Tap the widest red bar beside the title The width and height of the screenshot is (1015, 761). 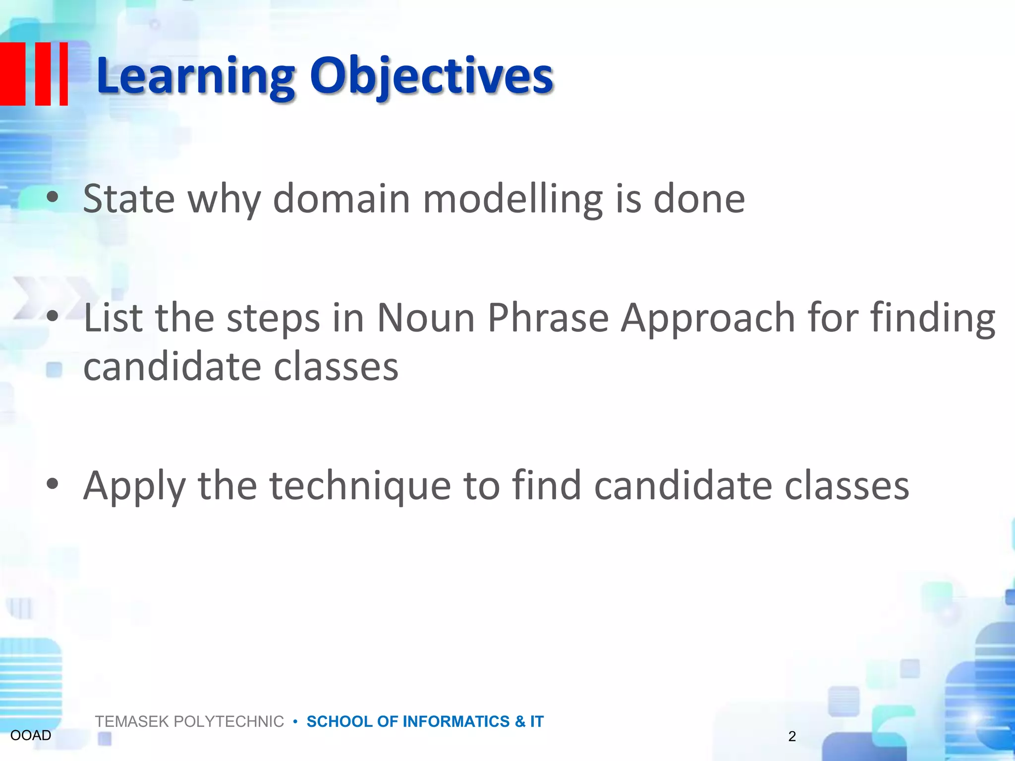(x=12, y=74)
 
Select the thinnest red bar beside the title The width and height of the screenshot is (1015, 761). (x=63, y=74)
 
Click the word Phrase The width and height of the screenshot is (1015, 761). (x=548, y=318)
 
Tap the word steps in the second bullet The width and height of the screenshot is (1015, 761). (x=273, y=318)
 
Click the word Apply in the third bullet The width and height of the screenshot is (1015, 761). (x=134, y=486)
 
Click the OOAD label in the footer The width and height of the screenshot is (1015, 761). (x=31, y=735)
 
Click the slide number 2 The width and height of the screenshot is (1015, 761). (x=792, y=736)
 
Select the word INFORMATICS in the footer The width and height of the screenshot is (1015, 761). (x=456, y=721)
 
